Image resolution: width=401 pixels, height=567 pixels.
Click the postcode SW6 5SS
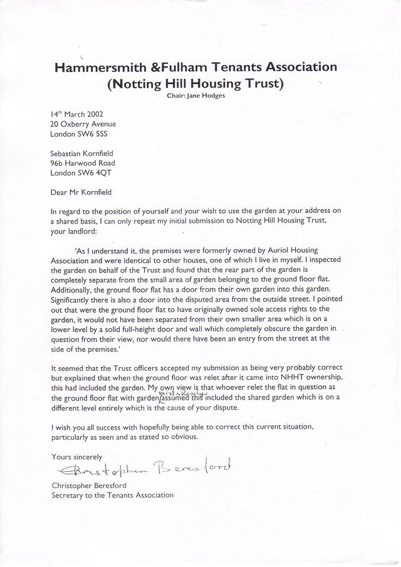(x=94, y=134)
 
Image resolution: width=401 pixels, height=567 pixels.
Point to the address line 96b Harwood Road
(x=83, y=163)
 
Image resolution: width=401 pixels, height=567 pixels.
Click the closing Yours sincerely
(x=76, y=457)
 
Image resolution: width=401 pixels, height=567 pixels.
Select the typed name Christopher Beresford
(x=90, y=486)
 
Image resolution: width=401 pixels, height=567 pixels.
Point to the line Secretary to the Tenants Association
(x=112, y=495)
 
